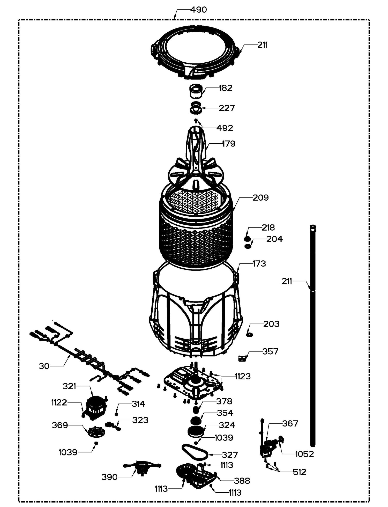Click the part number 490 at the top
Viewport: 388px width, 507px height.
pos(199,10)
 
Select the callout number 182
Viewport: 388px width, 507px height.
pos(226,88)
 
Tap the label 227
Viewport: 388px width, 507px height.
pos(227,108)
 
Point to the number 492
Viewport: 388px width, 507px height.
pos(225,128)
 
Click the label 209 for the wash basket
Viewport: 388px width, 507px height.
pos(260,198)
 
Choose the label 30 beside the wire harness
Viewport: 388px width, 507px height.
pos(44,366)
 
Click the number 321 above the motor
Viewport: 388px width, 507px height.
pos(69,386)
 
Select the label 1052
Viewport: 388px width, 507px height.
pos(304,454)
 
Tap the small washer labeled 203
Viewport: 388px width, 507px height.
pos(250,335)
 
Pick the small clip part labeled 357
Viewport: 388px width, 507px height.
pos(242,358)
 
